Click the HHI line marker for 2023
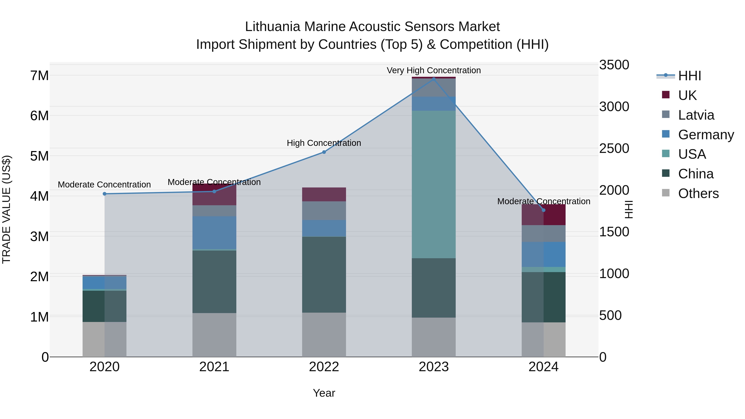[x=434, y=79]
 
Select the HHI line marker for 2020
[x=105, y=194]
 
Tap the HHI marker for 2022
[x=324, y=152]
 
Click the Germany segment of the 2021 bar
[x=214, y=233]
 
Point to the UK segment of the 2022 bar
[x=324, y=194]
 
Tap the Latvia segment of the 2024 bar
[x=543, y=233]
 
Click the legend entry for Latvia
[x=696, y=115]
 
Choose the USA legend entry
[x=692, y=154]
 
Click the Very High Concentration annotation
[x=434, y=70]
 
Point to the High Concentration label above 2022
[x=324, y=143]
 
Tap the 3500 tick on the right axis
[x=614, y=65]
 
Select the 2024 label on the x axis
[x=543, y=367]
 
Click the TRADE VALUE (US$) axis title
[x=6, y=209]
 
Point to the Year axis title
[x=324, y=393]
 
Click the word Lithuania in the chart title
[x=272, y=27]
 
